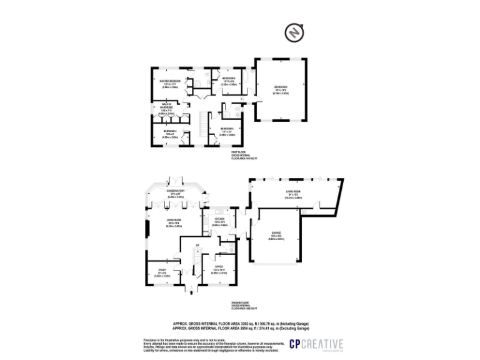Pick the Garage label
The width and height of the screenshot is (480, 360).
pos(276,237)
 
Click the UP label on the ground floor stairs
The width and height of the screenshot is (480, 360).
pos(197,244)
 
